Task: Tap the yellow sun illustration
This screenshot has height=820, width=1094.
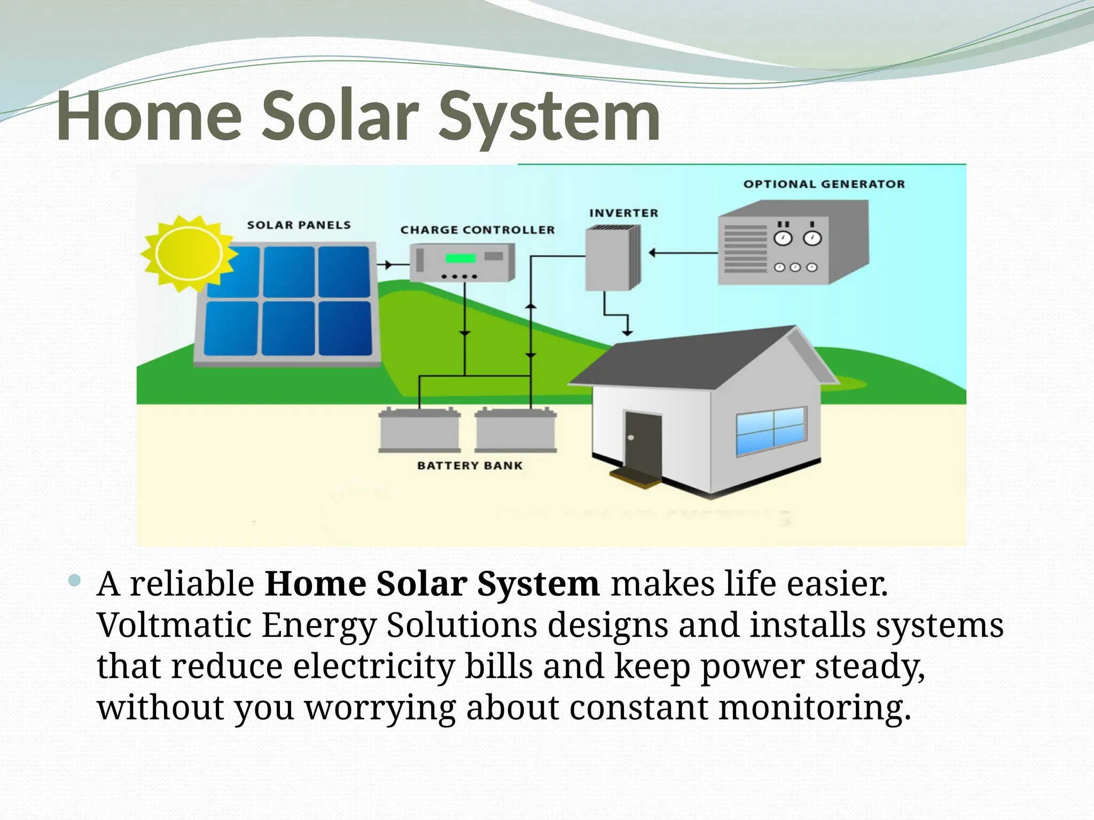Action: point(188,254)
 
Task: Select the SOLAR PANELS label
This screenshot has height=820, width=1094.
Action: point(299,225)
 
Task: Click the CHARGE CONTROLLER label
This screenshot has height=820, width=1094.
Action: point(478,230)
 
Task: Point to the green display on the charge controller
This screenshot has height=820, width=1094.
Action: point(460,258)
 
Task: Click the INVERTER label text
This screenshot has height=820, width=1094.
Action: point(623,213)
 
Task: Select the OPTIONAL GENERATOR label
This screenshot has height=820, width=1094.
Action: point(824,184)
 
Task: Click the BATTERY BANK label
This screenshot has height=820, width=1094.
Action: point(470,466)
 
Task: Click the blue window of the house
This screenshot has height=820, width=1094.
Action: point(771,430)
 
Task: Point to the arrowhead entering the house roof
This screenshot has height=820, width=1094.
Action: point(628,332)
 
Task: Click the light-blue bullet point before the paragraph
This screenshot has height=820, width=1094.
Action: point(75,580)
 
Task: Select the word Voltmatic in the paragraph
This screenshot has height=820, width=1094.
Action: point(174,625)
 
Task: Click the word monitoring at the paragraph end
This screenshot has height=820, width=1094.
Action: point(814,708)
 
